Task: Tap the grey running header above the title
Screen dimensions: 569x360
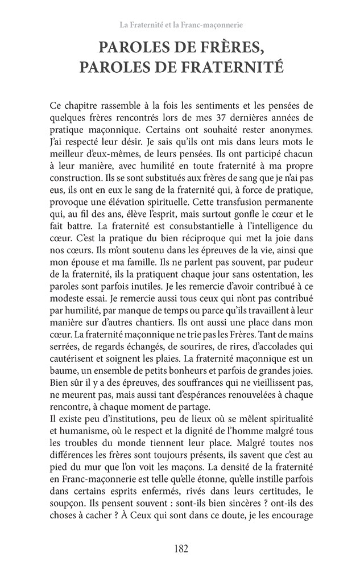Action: pyautogui.click(x=180, y=25)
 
